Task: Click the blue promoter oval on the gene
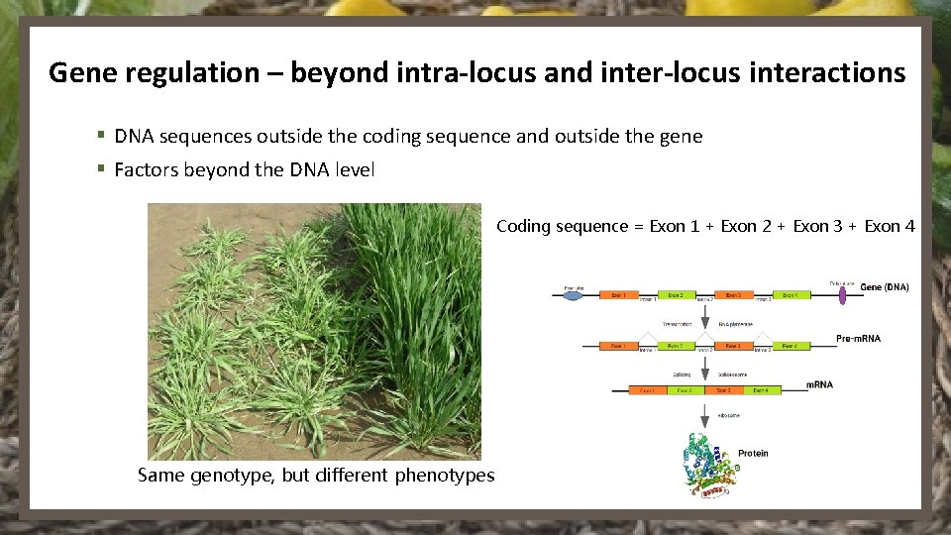[x=574, y=293]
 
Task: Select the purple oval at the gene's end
[x=844, y=293]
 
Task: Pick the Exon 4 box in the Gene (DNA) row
[x=790, y=294]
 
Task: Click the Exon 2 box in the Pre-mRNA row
[x=675, y=345]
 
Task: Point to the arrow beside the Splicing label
[x=704, y=366]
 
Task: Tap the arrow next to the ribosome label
[x=704, y=415]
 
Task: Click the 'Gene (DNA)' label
[x=885, y=287]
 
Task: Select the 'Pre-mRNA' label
[x=858, y=339]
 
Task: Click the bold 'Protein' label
[x=753, y=453]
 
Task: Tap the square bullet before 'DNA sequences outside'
[x=101, y=136]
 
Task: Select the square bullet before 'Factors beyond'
[x=101, y=169]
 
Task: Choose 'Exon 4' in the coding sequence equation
[x=890, y=226]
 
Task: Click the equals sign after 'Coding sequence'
[x=638, y=227]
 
